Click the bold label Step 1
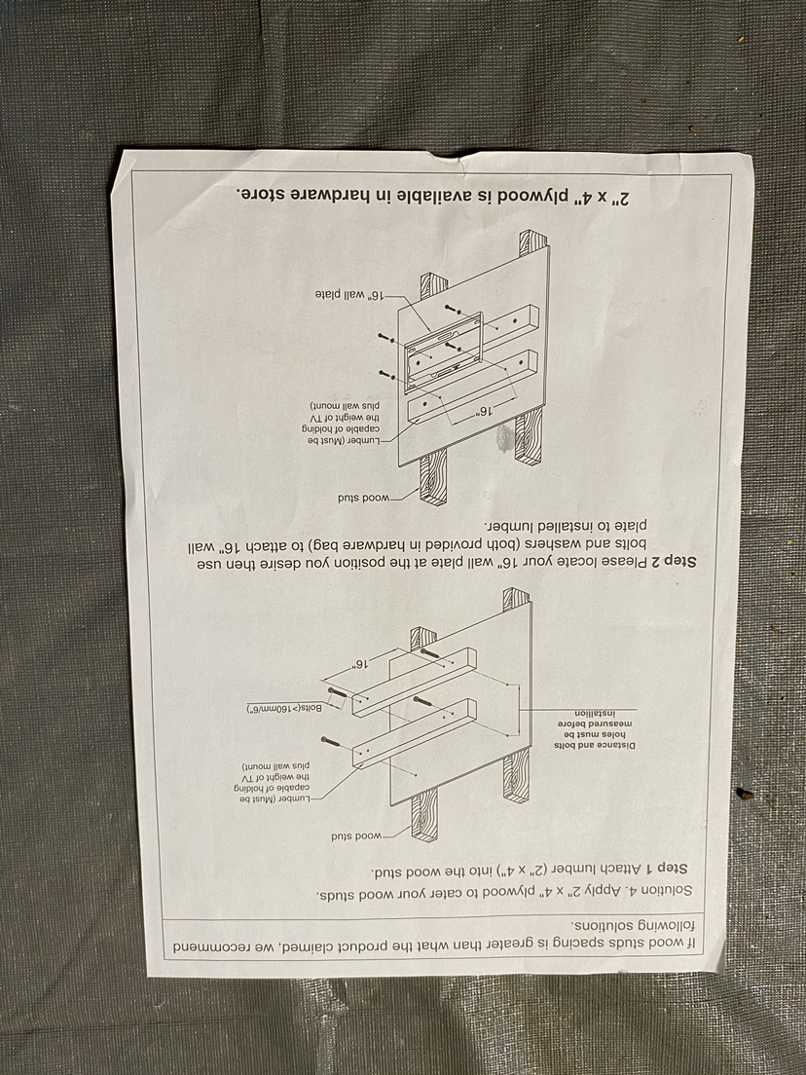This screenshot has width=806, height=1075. (662, 868)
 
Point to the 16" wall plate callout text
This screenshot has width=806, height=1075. (348, 294)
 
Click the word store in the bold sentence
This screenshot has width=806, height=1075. (264, 195)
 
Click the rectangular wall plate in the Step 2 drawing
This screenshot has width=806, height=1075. (444, 351)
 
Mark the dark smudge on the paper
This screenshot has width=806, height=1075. (504, 439)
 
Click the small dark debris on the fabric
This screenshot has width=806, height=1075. (745, 794)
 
